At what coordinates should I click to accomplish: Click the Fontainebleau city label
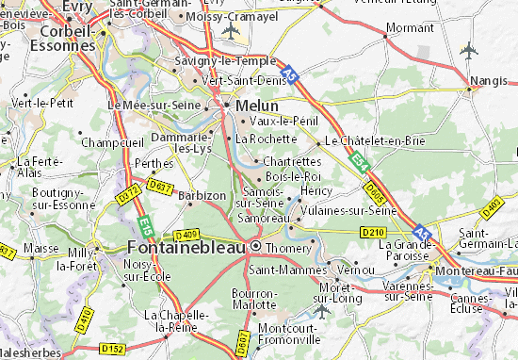coord(187,248)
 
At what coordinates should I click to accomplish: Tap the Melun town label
coord(257,106)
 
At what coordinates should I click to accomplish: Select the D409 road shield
coord(186,235)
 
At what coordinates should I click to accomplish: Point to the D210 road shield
coord(374,232)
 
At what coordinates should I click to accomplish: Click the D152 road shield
coord(112,349)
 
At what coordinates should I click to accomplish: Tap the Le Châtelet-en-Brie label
coord(374,139)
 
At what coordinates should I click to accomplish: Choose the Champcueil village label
coord(112,142)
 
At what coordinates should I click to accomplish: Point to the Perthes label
coord(154,162)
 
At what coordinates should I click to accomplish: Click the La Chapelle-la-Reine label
coord(177,320)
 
